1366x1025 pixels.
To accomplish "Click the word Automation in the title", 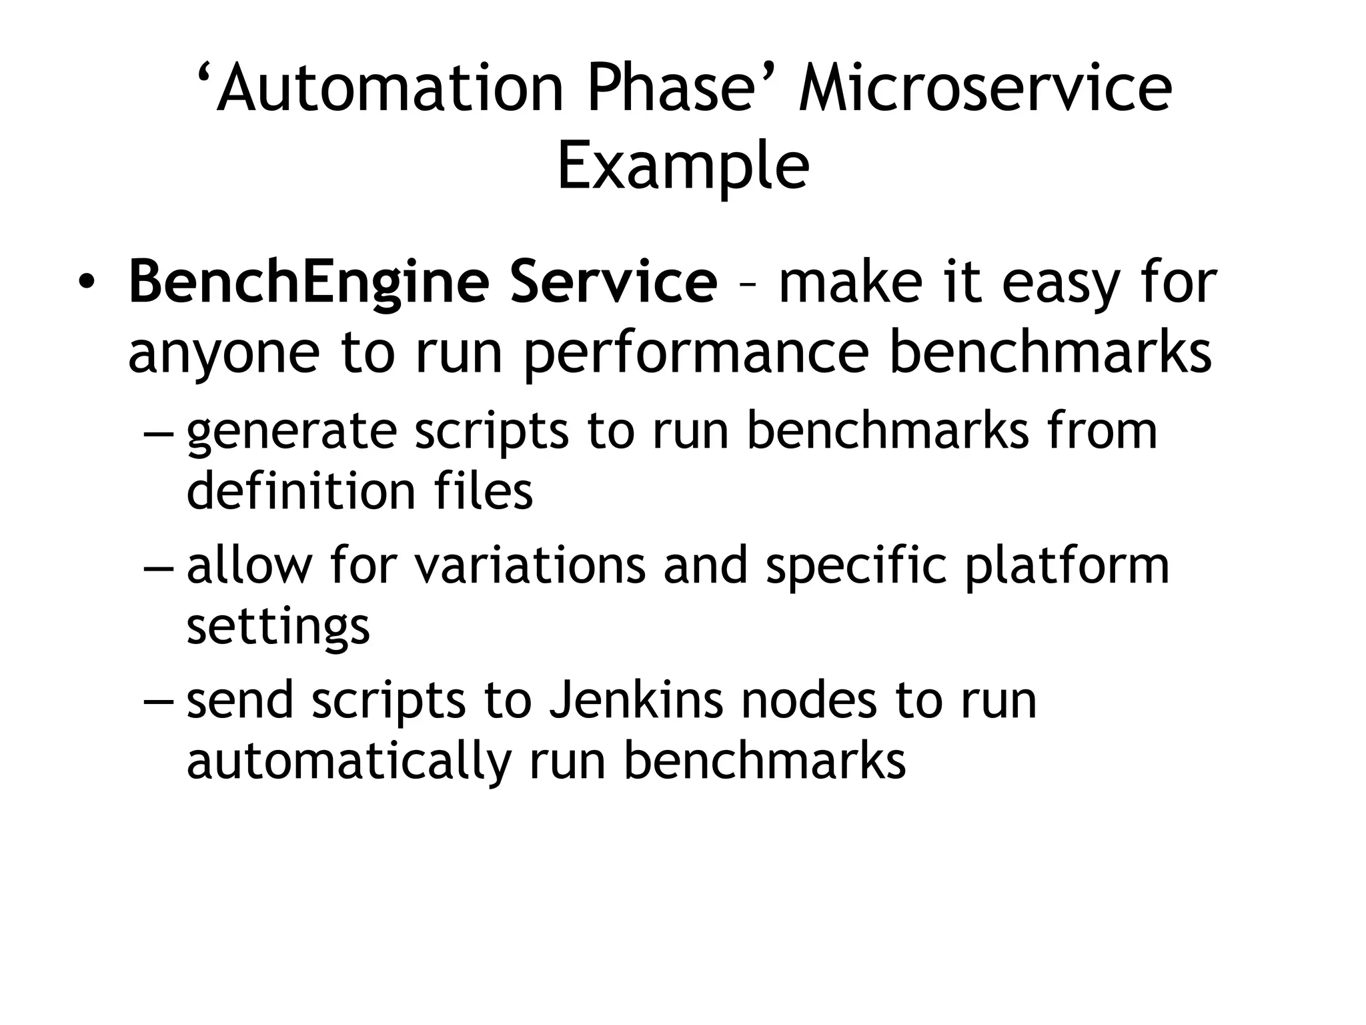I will pos(390,89).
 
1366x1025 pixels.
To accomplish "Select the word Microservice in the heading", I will pos(985,89).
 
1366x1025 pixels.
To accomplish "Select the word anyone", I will pos(224,354).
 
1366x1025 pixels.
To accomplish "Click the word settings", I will pos(277,627).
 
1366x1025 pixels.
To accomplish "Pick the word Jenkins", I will pos(636,701).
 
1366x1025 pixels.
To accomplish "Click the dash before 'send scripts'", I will pos(159,702).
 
